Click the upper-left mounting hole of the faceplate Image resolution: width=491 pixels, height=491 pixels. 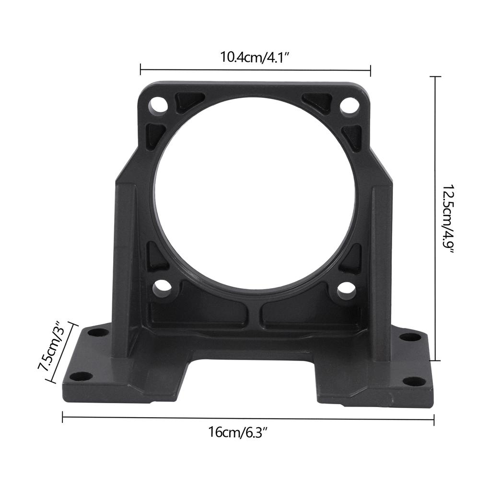[158, 105]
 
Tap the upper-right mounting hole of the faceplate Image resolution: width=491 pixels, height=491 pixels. [349, 105]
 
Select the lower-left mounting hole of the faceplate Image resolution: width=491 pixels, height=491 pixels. [162, 287]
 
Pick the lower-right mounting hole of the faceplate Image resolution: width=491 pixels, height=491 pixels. [346, 289]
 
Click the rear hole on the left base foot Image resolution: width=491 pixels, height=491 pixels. [98, 332]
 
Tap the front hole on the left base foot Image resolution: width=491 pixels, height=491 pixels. [82, 375]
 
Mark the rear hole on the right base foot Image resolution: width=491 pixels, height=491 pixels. [410, 337]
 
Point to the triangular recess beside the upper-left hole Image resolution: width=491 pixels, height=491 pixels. [188, 101]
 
